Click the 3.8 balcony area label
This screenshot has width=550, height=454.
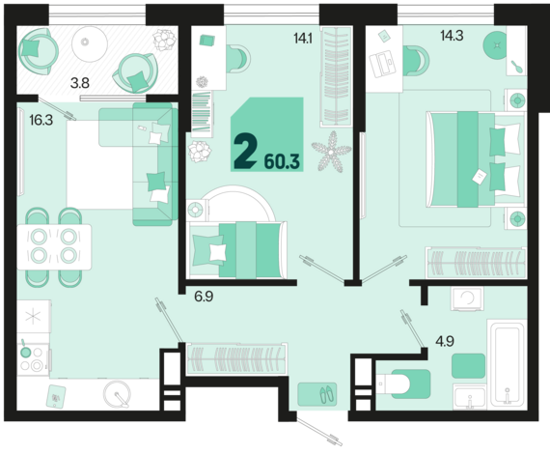coord(80,83)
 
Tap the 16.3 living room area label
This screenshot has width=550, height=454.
coord(41,120)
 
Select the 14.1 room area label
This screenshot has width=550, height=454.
coord(303,38)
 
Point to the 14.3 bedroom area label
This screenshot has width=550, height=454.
coord(452,36)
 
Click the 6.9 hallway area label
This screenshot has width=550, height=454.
coord(204,297)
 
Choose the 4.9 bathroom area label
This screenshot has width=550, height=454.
coord(445,341)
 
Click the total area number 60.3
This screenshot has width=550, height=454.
coord(282,162)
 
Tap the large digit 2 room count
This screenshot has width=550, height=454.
coord(244,151)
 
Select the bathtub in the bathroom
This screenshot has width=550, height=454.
coord(508,364)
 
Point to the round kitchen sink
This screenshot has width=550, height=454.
coord(117,393)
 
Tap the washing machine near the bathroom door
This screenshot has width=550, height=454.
coord(468,298)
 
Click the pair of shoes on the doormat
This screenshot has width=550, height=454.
coord(327,394)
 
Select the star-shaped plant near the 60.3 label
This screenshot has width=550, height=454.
coord(330,152)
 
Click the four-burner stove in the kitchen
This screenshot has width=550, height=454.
coord(33,359)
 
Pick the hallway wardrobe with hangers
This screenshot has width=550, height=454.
coord(237,358)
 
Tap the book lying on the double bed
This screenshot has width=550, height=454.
coord(480,176)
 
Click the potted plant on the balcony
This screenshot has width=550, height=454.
coord(163,40)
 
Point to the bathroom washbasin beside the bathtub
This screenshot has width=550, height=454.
coord(470,397)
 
